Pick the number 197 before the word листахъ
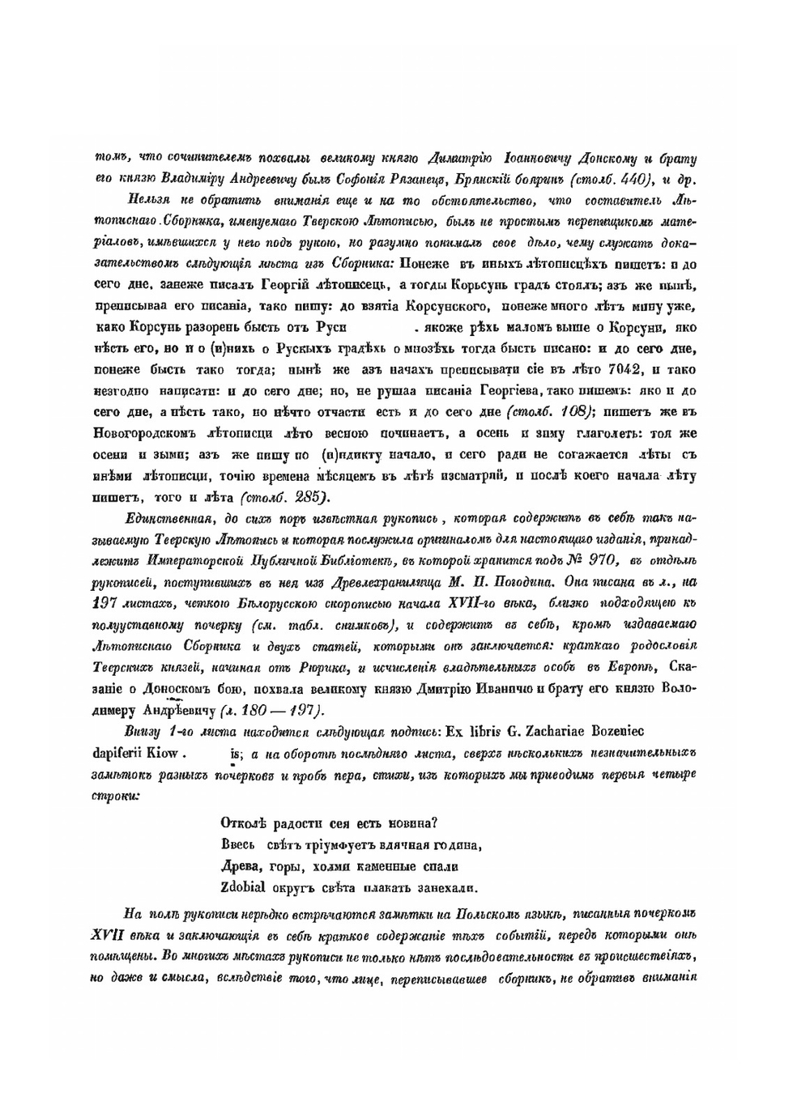coord(106,603)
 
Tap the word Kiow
coord(164,752)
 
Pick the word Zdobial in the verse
coord(244,887)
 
